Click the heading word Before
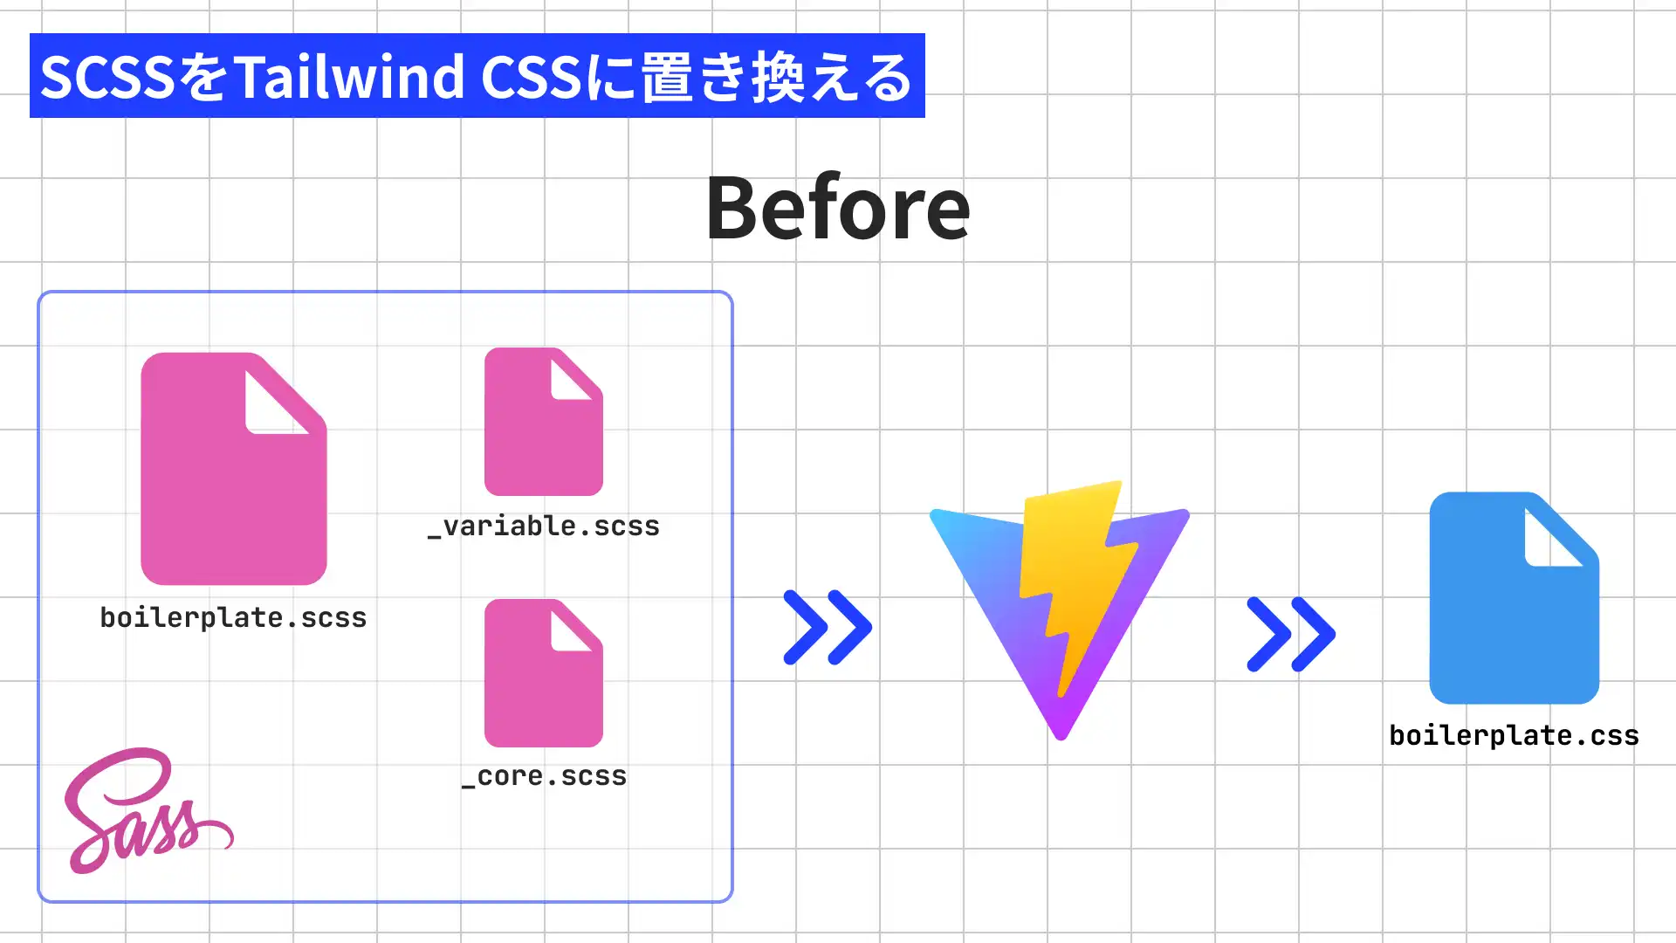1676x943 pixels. coord(837,208)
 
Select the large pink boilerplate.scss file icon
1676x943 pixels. coord(233,489)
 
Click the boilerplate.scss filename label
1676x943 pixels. coord(233,618)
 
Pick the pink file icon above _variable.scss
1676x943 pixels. coord(543,428)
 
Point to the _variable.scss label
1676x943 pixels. coord(543,527)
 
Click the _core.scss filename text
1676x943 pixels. coord(544,776)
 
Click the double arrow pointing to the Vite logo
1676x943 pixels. coord(827,627)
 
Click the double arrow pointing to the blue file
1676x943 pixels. coord(1290,634)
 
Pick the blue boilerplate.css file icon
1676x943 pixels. coord(1513,611)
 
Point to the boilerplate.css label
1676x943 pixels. coord(1514,736)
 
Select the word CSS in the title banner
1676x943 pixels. coord(531,77)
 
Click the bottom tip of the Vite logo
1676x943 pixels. coord(1061,732)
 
